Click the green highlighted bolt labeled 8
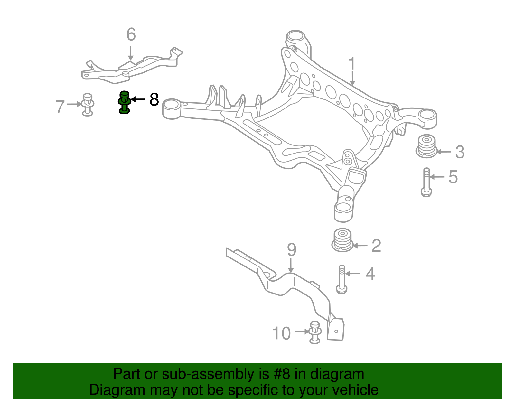click(124, 102)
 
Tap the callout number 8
click(154, 99)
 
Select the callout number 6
click(131, 34)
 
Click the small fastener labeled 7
click(88, 104)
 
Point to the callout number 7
click(60, 107)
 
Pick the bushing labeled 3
click(426, 146)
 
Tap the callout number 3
click(460, 152)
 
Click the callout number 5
click(453, 177)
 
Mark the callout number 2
click(376, 246)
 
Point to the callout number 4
click(370, 274)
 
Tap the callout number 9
click(292, 250)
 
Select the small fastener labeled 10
click(315, 332)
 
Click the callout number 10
click(281, 333)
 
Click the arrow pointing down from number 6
click(130, 53)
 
